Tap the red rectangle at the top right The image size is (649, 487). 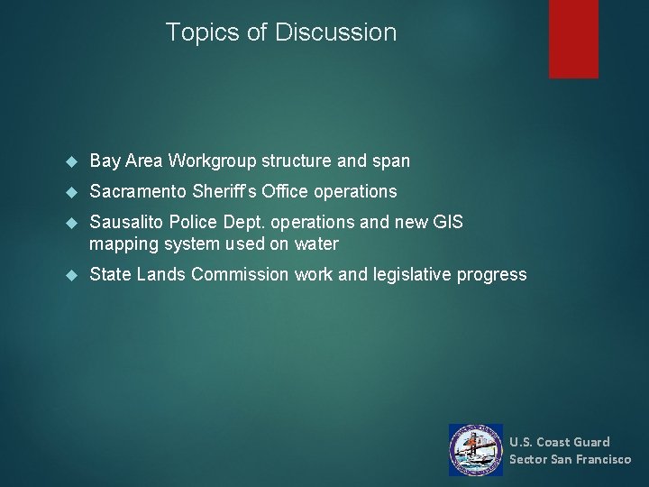pos(573,38)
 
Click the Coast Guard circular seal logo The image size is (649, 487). pos(476,450)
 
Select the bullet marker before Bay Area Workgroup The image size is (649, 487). pos(74,162)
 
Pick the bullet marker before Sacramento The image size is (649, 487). pos(74,192)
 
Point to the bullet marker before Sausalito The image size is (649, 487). pos(74,223)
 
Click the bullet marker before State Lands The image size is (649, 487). pos(74,275)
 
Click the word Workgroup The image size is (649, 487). pos(212,161)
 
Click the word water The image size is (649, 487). pos(315,244)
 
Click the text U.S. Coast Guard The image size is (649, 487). pos(559,442)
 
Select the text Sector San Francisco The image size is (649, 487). pos(570,459)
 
